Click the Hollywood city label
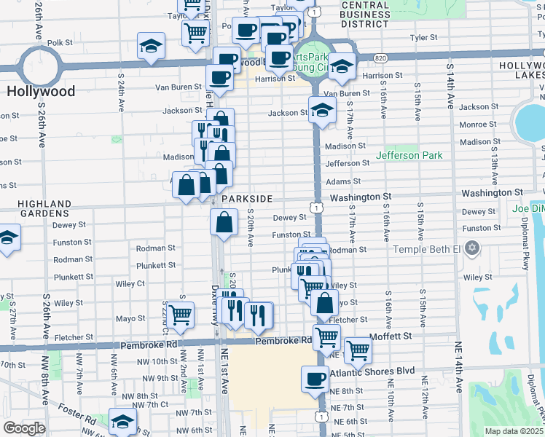41,91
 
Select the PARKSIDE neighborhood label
247,199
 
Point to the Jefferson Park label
409,155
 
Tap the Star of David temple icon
473,249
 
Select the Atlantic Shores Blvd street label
372,371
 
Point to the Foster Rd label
78,420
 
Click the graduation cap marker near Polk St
151,45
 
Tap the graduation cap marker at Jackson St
321,109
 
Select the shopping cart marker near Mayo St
180,315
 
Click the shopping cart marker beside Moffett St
357,350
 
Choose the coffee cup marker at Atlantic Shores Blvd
315,378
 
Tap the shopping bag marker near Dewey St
224,221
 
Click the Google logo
24,428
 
